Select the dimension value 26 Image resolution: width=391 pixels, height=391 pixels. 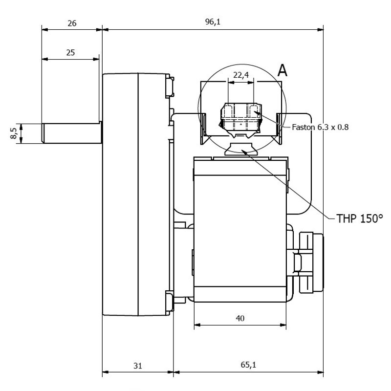(x=72, y=22)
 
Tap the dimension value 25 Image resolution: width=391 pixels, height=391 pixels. (x=70, y=53)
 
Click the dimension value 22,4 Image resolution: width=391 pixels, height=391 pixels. (x=240, y=74)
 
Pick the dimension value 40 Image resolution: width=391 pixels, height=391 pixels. (x=240, y=318)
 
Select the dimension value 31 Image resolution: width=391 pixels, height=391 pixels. (x=137, y=365)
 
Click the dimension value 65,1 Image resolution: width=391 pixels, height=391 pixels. (x=248, y=365)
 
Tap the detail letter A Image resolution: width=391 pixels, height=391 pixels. (x=282, y=71)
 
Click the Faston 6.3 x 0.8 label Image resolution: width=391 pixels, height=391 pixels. (x=320, y=128)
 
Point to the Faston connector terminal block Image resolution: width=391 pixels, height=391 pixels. (x=240, y=117)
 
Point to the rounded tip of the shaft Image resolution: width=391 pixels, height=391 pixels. (x=44, y=133)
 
